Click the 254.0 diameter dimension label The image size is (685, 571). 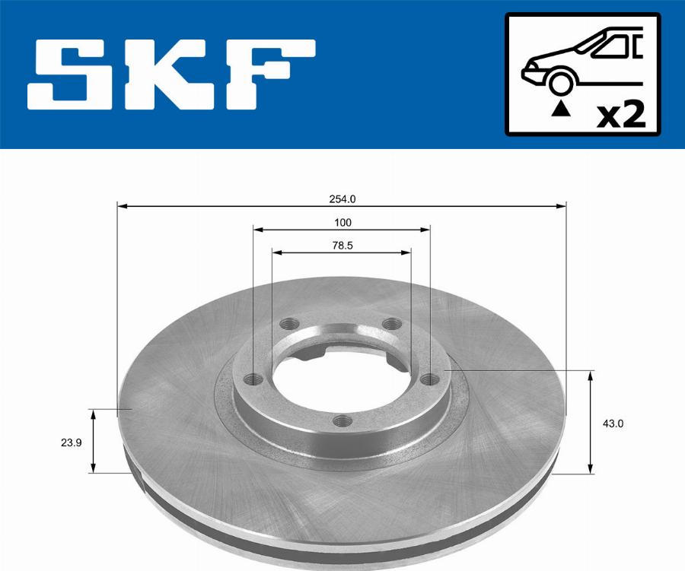(x=342, y=199)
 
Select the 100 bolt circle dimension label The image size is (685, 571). (x=342, y=223)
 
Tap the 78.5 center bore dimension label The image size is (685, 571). (x=342, y=246)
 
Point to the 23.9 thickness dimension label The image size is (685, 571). (x=72, y=443)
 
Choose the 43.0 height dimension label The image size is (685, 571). (x=613, y=423)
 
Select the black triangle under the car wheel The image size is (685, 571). (x=560, y=109)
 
